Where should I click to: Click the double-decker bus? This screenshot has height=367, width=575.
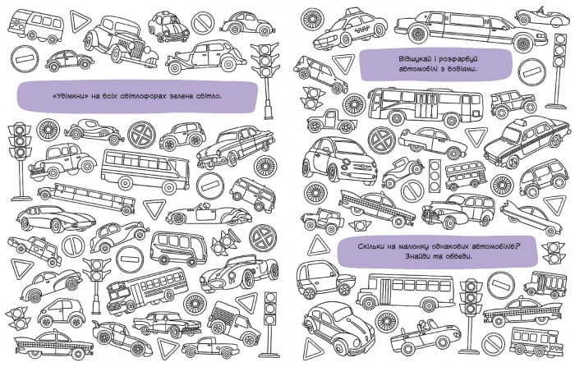466,174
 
